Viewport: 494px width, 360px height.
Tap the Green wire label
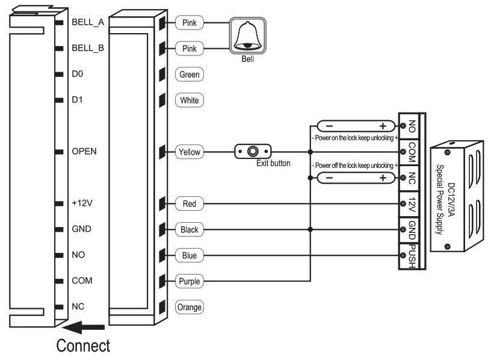(189, 75)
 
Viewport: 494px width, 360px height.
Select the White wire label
(189, 101)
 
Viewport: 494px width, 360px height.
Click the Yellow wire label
(189, 152)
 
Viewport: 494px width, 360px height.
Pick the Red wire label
(189, 204)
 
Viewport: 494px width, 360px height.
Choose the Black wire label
(189, 230)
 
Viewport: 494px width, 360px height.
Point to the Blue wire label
(189, 256)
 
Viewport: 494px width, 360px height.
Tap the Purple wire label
(189, 281)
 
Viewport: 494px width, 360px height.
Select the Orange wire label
(189, 307)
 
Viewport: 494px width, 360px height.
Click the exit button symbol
(253, 151)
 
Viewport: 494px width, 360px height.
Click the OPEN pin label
(84, 152)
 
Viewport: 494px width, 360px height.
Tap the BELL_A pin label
(88, 22)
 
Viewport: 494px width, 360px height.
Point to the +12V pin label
(82, 203)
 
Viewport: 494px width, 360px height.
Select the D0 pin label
(76, 74)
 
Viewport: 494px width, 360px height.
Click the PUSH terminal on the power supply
(412, 255)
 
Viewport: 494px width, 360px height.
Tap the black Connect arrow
(84, 327)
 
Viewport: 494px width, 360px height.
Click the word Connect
(83, 346)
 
